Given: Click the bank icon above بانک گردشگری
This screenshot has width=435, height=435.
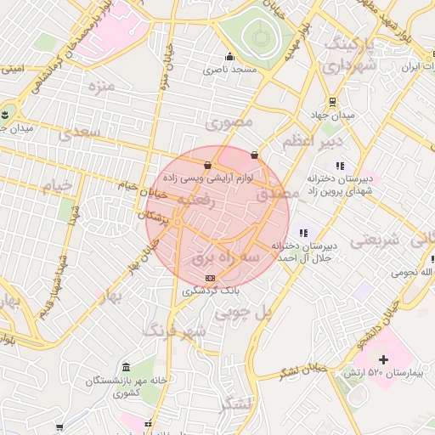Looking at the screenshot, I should pos(210,278).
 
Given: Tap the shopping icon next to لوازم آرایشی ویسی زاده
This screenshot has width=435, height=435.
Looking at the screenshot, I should pos(208,165).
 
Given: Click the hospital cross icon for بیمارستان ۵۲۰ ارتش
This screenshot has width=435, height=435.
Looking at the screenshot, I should pos(383,360).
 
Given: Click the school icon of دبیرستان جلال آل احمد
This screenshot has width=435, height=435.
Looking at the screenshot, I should pos(303,233).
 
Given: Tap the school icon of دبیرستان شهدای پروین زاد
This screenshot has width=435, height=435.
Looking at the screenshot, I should pos(341,166).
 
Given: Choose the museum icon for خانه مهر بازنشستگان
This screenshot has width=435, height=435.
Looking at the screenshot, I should pos(126,366).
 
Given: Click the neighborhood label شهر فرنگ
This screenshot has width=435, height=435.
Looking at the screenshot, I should pos(174,330).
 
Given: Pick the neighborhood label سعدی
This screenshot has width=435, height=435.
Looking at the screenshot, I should pos(78,133).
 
